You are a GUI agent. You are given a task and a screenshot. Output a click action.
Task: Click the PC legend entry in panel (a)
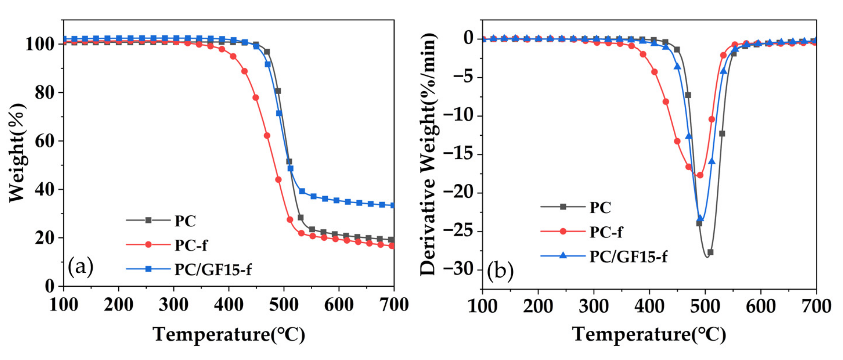[x=185, y=221]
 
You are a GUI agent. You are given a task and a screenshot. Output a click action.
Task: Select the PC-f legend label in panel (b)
[x=606, y=232]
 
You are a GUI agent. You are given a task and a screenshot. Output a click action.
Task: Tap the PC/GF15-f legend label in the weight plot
[x=213, y=270]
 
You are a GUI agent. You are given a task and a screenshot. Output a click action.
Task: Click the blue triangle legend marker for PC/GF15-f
[x=563, y=255]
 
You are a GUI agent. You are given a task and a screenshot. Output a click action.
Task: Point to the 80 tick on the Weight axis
[x=44, y=93]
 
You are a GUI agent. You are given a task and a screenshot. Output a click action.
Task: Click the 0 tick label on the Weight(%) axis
[x=49, y=286]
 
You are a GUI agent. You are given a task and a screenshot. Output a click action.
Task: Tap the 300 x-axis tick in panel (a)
[x=173, y=305]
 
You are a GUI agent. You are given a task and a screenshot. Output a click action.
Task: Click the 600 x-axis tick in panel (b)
[x=760, y=306]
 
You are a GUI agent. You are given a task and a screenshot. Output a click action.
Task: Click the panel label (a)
[x=81, y=266]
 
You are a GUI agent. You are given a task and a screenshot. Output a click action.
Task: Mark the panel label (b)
[x=500, y=271]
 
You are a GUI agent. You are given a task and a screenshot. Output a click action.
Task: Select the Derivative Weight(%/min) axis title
[x=429, y=154]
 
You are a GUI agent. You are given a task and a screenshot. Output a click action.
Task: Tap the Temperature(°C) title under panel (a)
[x=229, y=335]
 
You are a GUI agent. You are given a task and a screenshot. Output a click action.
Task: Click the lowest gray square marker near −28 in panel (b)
[x=710, y=252]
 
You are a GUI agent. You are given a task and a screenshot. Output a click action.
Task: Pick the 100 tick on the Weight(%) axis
[x=39, y=44]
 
